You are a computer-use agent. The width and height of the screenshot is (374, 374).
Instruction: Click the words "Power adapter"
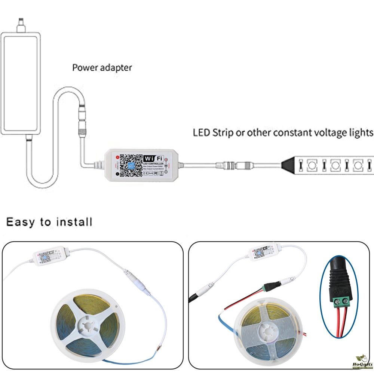[x=102, y=68]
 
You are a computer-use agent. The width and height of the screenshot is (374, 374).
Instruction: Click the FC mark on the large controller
[x=156, y=173]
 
